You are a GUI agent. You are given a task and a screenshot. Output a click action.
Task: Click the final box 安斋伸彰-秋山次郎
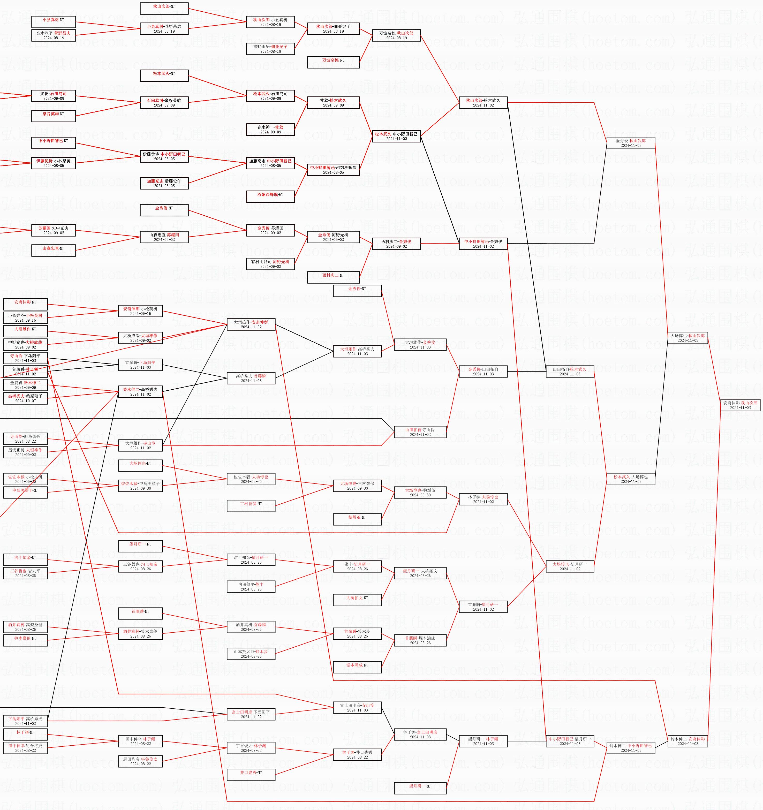tap(740, 405)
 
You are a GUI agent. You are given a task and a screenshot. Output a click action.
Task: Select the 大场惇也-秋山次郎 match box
tap(688, 338)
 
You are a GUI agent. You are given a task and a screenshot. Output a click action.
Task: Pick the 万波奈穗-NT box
tap(333, 62)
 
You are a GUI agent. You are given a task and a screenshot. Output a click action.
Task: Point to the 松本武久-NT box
tap(164, 76)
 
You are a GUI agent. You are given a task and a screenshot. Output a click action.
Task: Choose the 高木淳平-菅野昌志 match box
tap(53, 35)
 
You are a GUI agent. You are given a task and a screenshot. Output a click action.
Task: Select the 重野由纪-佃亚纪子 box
tap(270, 49)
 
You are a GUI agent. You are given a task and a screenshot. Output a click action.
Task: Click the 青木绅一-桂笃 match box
tap(270, 130)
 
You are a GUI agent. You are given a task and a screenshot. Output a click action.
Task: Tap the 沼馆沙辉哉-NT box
tap(270, 197)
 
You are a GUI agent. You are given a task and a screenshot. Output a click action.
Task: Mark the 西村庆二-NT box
tap(333, 277)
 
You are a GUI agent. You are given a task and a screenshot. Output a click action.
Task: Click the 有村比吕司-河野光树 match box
tap(270, 264)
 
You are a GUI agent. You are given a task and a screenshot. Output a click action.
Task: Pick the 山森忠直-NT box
tap(53, 251)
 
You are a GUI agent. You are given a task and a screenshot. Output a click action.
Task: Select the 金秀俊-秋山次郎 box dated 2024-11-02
tap(631, 143)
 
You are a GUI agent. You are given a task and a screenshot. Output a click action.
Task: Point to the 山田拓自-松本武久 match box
tap(570, 372)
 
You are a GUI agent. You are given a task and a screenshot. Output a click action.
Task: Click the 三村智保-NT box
tap(251, 506)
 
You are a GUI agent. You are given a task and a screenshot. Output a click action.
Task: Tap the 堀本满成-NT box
tap(357, 667)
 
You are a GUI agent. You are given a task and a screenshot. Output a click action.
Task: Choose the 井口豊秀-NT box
tap(251, 775)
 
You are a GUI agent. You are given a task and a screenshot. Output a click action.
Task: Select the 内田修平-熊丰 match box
tap(251, 587)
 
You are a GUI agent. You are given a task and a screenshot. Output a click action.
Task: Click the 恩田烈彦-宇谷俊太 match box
tap(141, 761)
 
